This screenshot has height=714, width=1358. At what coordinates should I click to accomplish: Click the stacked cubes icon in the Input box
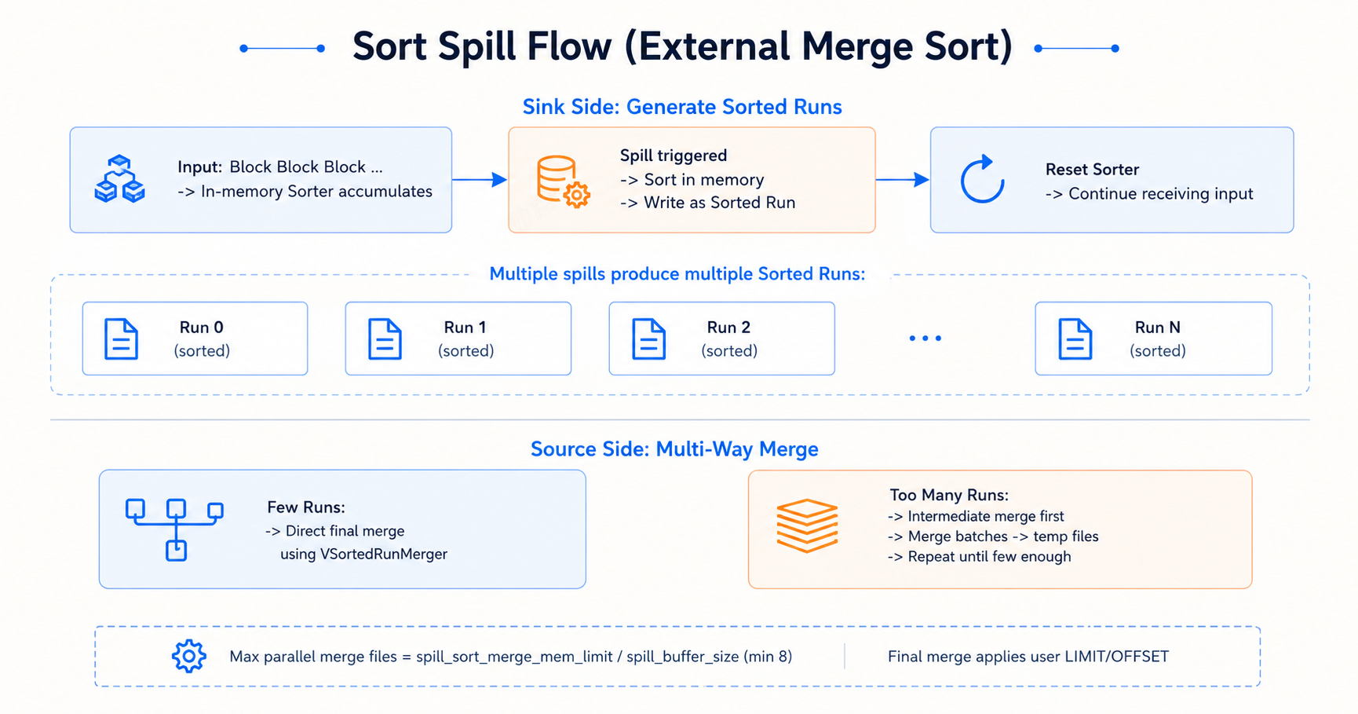[119, 179]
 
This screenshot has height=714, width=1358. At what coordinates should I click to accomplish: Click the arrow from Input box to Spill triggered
[480, 180]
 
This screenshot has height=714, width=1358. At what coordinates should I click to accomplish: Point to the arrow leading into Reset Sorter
[903, 180]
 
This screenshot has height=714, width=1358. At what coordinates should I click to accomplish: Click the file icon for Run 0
[121, 339]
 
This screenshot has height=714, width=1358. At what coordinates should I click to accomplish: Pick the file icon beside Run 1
[385, 339]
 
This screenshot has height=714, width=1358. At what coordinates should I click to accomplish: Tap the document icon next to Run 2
[648, 339]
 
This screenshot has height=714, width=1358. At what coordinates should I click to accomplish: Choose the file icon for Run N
[1075, 339]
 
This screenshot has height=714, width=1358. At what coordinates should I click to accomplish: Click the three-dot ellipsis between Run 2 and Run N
[925, 339]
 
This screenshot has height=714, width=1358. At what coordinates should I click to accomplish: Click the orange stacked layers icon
[807, 525]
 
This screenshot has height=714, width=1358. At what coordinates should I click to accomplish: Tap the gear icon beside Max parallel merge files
[189, 656]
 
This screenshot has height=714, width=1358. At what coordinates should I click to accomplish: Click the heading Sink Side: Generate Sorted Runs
[682, 107]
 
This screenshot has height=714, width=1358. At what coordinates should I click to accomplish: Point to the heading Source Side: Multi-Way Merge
[674, 449]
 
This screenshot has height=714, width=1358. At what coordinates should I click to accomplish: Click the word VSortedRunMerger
[384, 554]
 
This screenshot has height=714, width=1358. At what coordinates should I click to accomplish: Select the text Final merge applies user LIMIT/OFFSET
[1028, 657]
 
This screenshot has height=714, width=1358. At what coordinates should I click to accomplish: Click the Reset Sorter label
[1092, 170]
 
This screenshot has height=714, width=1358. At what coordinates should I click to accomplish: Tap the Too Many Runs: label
[949, 495]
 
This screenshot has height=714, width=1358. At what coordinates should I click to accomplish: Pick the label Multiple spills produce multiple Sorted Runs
[677, 274]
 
